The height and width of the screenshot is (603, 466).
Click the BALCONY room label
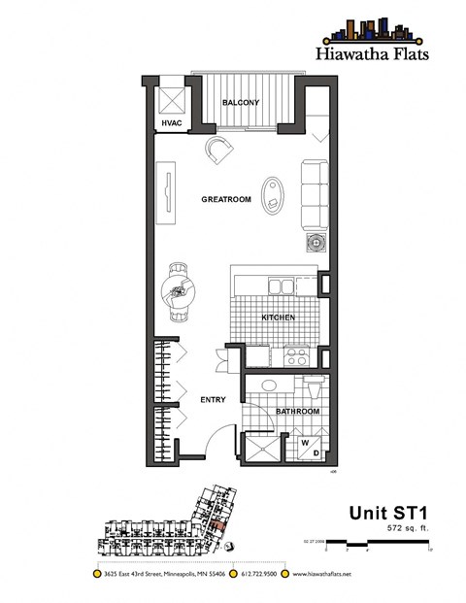(x=239, y=102)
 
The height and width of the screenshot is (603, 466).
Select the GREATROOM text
(x=226, y=199)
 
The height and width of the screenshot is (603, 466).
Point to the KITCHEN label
(x=278, y=318)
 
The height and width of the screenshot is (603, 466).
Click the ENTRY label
(x=212, y=399)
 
